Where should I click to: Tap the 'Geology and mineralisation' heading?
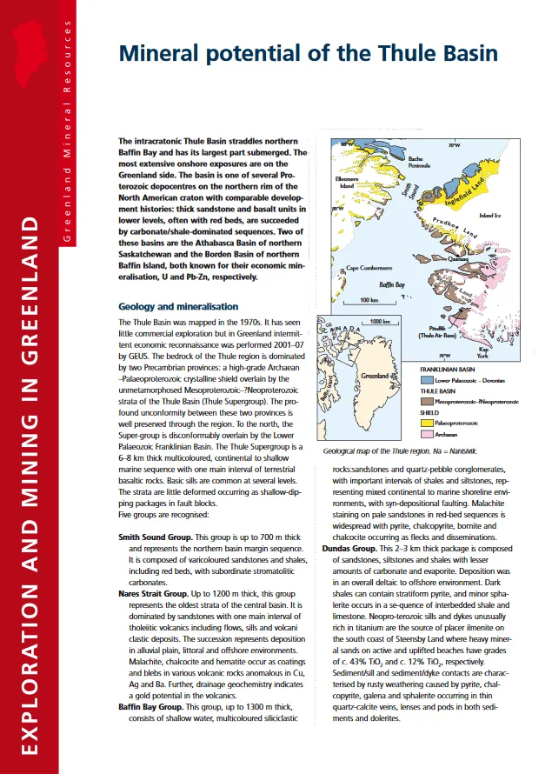click(177, 306)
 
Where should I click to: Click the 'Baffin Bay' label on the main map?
click(393, 284)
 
